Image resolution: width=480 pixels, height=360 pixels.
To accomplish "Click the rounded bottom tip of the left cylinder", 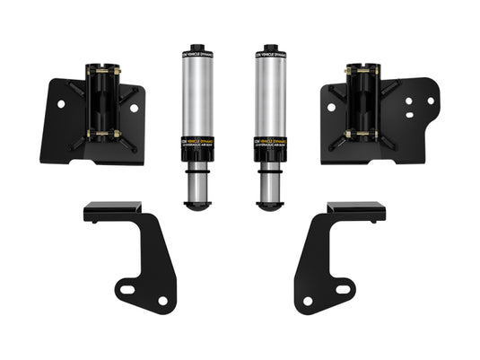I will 196,205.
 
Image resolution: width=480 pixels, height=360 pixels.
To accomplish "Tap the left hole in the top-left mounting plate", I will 61,104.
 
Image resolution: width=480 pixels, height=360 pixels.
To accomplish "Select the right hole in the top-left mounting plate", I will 133,108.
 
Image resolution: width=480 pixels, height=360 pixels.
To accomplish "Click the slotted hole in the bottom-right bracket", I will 343,289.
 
